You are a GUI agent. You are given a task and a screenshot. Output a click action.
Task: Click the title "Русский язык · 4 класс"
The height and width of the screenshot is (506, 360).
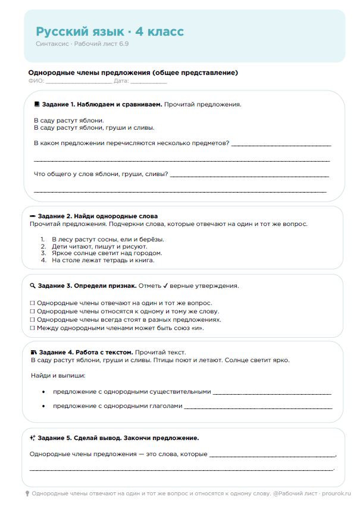pos(109,32)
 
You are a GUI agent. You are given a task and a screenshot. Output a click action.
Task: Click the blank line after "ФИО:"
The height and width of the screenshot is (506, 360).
pos(70,81)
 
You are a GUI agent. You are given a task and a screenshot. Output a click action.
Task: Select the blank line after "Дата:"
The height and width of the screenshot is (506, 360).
pos(148,81)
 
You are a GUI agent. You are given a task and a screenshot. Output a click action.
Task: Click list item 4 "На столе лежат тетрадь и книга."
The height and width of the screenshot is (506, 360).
pos(102,260)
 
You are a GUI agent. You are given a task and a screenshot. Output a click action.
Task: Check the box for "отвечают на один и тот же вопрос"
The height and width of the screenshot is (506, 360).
pos(32,303)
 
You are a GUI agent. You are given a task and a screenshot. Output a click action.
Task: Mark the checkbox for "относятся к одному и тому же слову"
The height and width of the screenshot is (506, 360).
pos(32,311)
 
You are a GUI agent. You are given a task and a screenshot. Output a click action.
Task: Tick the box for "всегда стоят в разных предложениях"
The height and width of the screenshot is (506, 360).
pos(32,319)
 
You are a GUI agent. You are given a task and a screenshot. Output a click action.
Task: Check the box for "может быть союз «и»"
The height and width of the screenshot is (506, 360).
pos(32,328)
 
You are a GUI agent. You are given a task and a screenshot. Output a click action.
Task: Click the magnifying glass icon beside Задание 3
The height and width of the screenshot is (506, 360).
pos(32,285)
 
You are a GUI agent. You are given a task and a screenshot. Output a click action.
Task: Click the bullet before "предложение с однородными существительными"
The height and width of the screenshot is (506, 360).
pos(43,392)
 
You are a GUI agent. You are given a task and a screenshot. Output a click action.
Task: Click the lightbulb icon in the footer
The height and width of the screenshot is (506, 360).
pos(27,494)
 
